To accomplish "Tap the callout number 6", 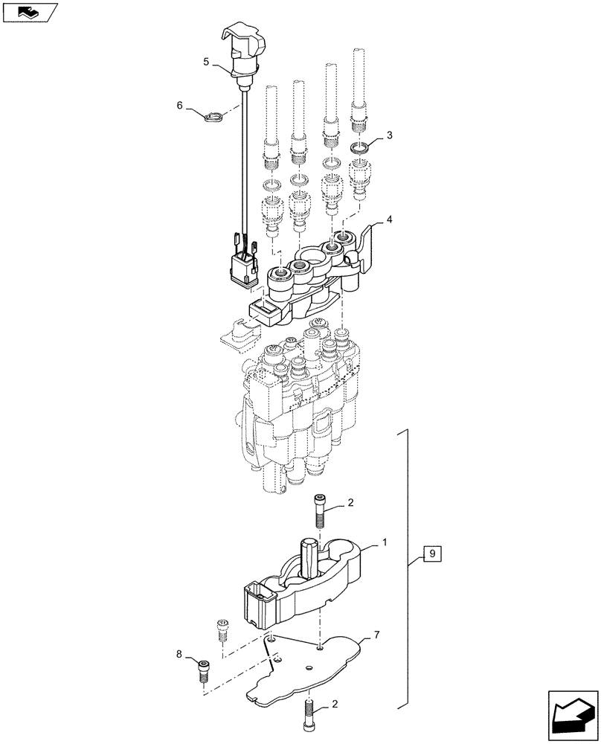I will tap(180, 106).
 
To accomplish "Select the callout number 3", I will tap(389, 135).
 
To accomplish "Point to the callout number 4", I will tap(389, 220).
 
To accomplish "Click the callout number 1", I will tap(384, 544).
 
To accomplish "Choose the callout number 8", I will tap(179, 655).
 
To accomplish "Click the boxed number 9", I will tap(434, 554).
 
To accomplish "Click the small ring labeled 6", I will tap(214, 115).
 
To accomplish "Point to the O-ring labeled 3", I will tap(360, 150).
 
